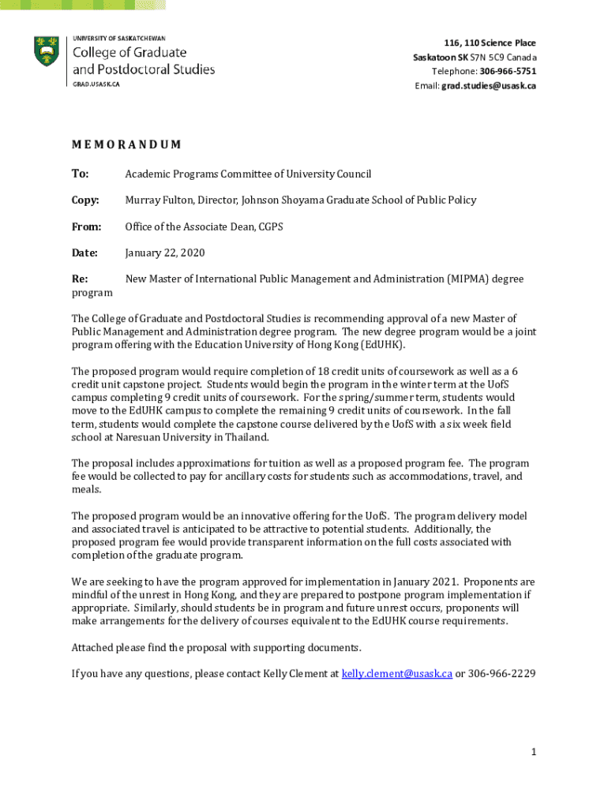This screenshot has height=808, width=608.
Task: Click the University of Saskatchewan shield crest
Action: pos(47,51)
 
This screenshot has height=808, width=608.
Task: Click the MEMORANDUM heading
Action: pos(126,145)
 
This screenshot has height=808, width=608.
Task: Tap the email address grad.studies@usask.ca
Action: pos(489,86)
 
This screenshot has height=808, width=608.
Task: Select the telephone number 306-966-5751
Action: pos(508,72)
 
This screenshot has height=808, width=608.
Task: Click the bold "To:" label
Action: pos(80,174)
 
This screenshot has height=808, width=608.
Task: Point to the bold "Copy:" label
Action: pos(85,200)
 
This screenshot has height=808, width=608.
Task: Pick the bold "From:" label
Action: pos(86,227)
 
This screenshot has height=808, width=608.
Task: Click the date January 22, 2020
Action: pos(164,253)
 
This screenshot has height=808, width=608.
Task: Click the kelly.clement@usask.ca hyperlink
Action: pos(396,674)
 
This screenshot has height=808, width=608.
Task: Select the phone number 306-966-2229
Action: pos(502,674)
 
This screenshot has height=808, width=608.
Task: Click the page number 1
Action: pos(534,752)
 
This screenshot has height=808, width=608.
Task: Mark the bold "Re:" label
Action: pos(79,279)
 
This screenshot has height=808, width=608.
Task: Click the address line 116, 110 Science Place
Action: pos(490,43)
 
